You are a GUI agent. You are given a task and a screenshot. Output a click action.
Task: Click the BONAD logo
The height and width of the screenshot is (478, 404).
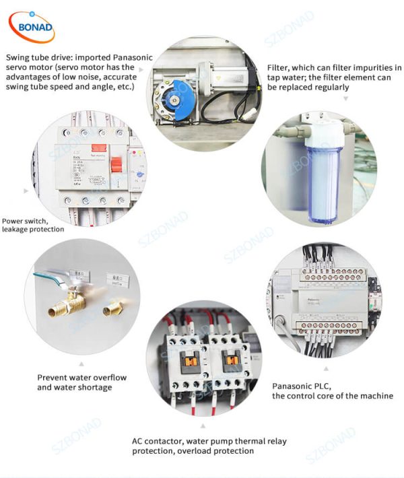click(x=32, y=26)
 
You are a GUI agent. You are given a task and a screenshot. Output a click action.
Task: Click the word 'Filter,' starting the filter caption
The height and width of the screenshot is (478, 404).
click(x=279, y=68)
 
